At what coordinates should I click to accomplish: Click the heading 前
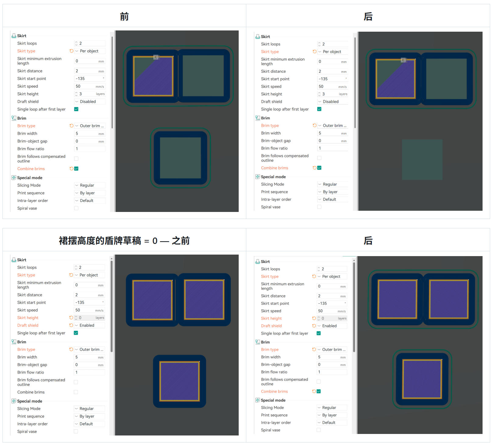pos(124,16)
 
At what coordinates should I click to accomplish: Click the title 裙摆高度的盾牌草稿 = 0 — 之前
pos(124,241)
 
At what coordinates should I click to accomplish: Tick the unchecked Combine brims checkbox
pos(76,392)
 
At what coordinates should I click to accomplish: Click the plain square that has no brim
pos(422,160)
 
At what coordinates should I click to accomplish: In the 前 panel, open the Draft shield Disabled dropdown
pos(90,101)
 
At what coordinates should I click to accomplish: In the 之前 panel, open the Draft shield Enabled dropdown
pos(90,325)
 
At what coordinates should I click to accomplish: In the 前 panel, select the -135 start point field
pos(90,79)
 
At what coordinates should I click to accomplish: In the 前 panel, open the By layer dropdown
pos(90,193)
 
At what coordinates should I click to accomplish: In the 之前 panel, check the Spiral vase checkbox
pos(76,431)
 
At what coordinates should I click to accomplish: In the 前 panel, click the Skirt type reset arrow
pos(71,51)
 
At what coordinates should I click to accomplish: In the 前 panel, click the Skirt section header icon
pos(14,36)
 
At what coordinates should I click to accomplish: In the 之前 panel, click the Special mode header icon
pos(14,401)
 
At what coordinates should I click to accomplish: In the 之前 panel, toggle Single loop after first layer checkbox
pos(76,333)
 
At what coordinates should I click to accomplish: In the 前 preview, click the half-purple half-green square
pos(153,76)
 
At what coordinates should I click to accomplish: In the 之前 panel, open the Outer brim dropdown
pos(90,349)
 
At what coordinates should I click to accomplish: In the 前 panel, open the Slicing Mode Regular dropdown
pos(90,185)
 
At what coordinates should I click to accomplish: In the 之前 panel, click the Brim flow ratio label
pos(30,372)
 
